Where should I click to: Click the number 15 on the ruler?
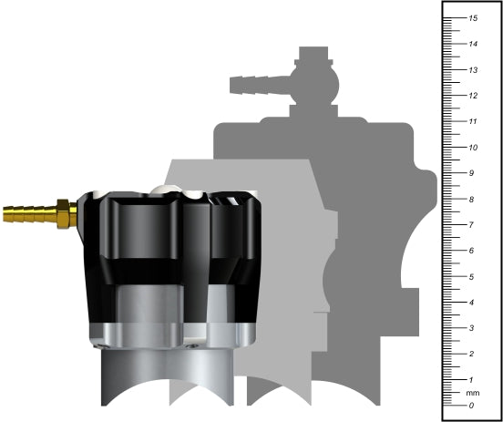coord(473,18)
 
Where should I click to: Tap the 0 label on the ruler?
coord(471,405)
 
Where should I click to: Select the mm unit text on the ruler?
coord(472,393)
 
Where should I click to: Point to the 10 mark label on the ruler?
coord(473,147)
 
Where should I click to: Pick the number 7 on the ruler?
coord(471,224)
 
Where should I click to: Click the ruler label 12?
coord(473,96)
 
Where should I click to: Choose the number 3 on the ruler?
coord(471,327)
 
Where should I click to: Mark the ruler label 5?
coord(471,276)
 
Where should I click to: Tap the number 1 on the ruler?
coord(471,379)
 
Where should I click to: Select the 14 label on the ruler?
coord(473,44)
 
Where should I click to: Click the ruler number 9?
coord(471,173)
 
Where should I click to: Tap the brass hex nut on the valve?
coord(63,213)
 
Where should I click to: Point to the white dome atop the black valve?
coord(161,189)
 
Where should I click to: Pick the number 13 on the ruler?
coord(473,69)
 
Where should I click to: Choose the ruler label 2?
coord(471,354)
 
